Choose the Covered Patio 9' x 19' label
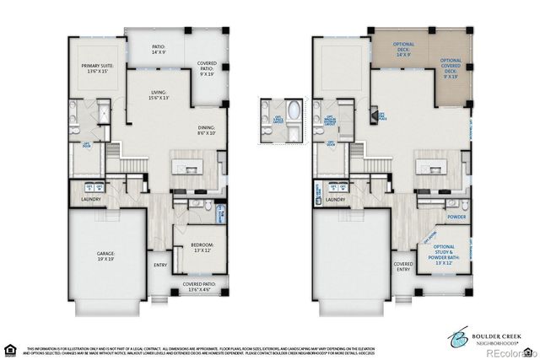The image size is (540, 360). point(207,68)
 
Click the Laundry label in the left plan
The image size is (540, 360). point(91,200)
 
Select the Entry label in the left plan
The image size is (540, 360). point(160,265)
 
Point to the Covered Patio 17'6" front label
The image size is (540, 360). point(199,287)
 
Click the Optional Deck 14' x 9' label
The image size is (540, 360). point(402,49)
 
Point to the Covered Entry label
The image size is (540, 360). point(403,266)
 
